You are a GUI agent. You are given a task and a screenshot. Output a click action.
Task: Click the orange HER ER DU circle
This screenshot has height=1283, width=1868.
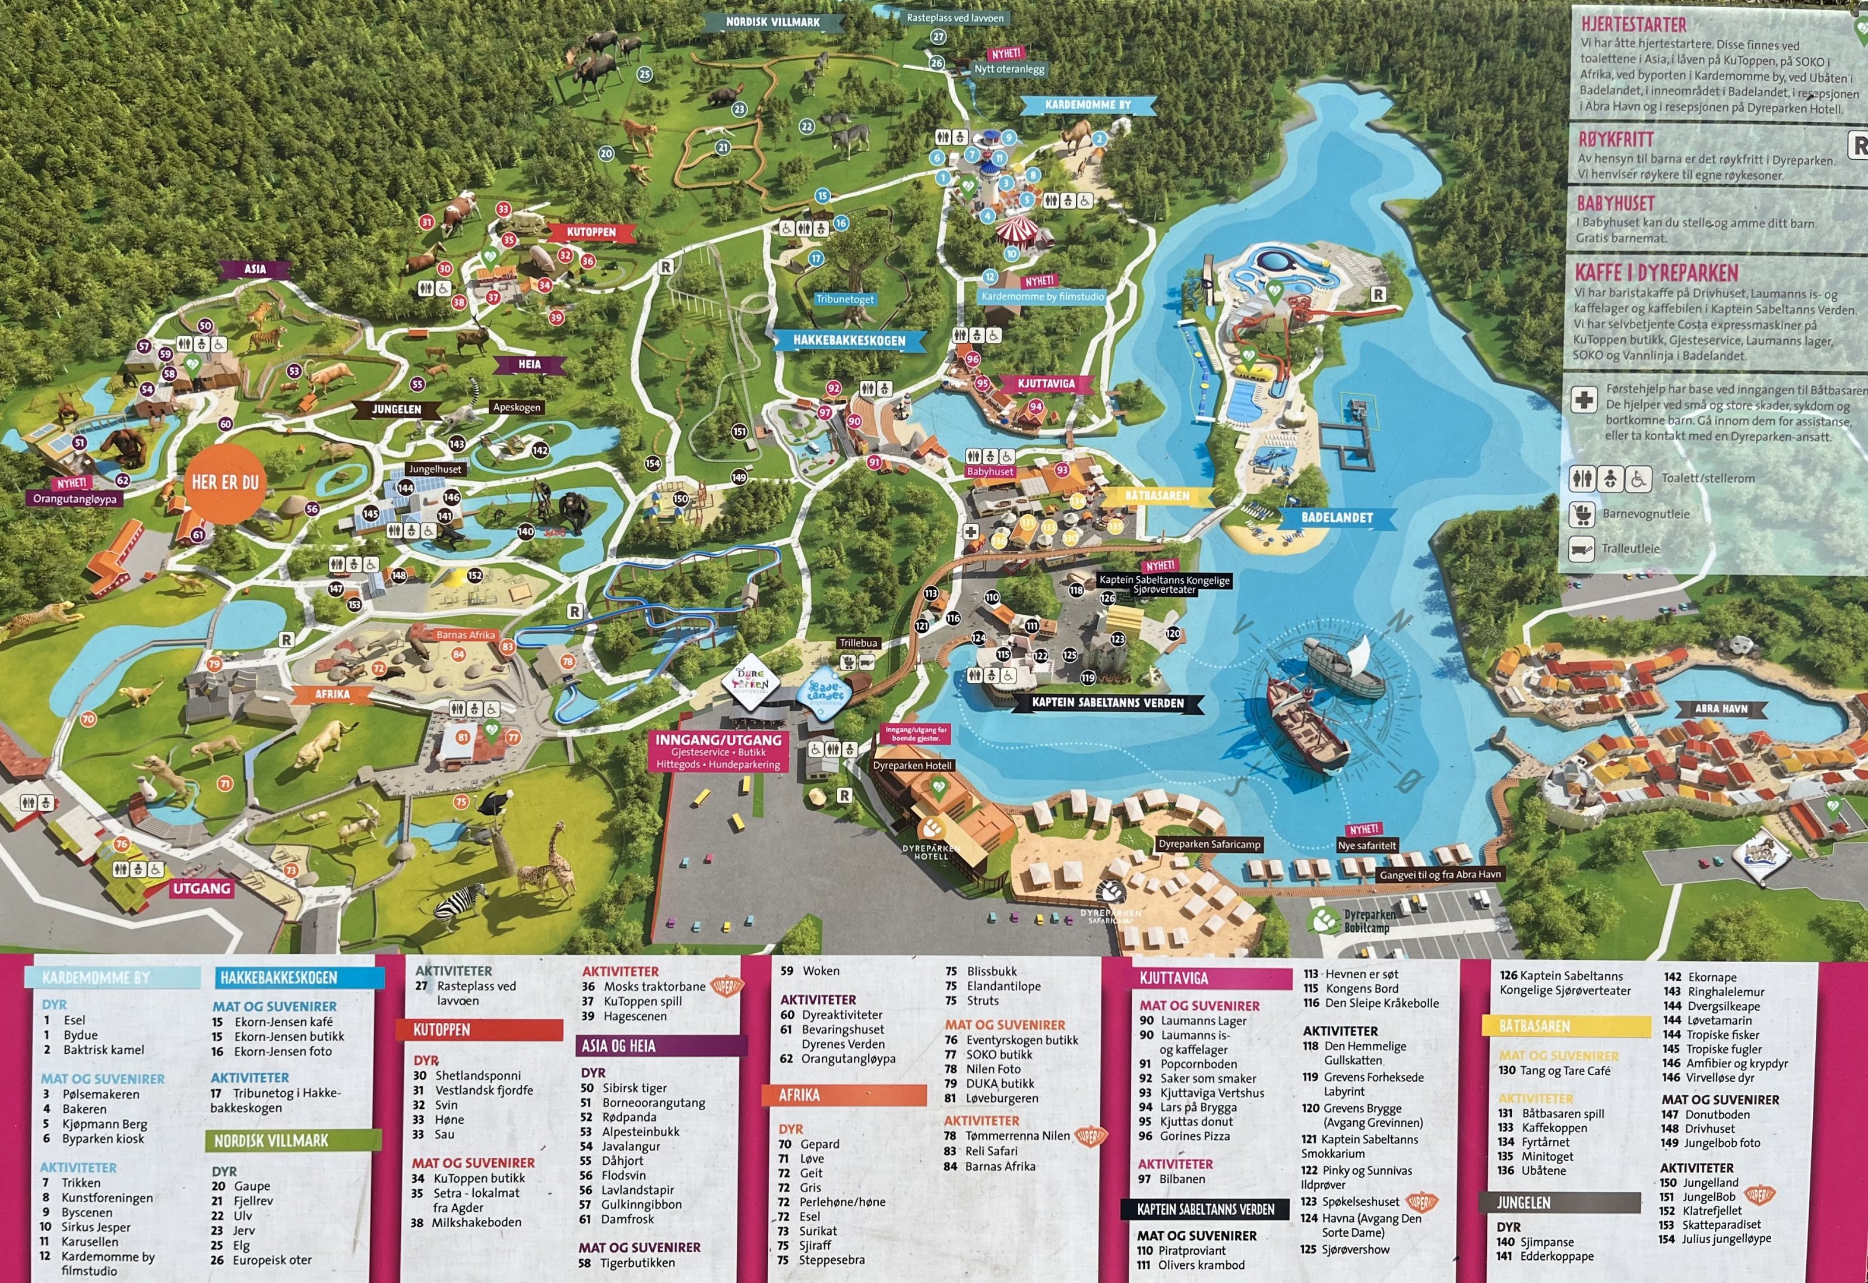coord(225,482)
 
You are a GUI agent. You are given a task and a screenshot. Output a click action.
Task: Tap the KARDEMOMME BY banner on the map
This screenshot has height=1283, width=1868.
coord(1088,105)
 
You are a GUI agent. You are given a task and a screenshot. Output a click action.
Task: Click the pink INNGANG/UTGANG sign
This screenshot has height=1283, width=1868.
coord(718,751)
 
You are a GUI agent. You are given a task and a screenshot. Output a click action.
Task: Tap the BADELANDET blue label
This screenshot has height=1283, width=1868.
coord(1337,518)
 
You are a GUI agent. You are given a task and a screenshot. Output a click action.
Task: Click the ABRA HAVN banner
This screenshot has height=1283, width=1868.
coord(1720,709)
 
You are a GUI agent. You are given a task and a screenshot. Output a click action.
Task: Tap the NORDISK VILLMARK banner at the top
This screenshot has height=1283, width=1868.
coord(772,23)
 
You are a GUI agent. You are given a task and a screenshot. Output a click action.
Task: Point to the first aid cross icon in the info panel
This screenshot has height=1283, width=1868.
coord(1584,400)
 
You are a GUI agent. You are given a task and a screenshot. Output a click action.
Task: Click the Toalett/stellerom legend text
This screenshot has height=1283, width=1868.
coord(1707,478)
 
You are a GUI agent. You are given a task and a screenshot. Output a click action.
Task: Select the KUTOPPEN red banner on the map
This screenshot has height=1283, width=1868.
coord(591,232)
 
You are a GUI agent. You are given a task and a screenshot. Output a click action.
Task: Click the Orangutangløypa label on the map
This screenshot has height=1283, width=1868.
coord(75,499)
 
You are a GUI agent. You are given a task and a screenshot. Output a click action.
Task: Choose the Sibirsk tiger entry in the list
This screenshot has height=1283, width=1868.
coord(634,1088)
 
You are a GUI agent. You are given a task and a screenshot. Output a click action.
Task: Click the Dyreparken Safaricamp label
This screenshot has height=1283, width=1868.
coord(1209,844)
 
